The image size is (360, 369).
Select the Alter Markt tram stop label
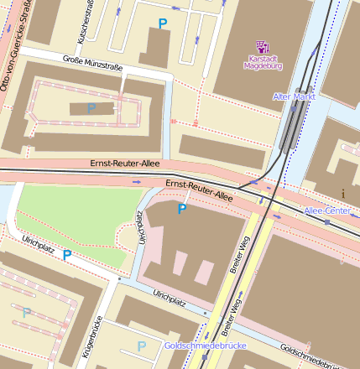click(x=293, y=97)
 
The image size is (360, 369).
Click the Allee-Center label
click(x=326, y=210)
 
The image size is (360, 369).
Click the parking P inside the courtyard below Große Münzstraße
click(x=91, y=108)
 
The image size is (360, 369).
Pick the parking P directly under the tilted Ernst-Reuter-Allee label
click(x=181, y=209)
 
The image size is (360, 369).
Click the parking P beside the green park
click(x=67, y=254)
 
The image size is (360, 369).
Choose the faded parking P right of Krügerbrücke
click(x=141, y=346)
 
